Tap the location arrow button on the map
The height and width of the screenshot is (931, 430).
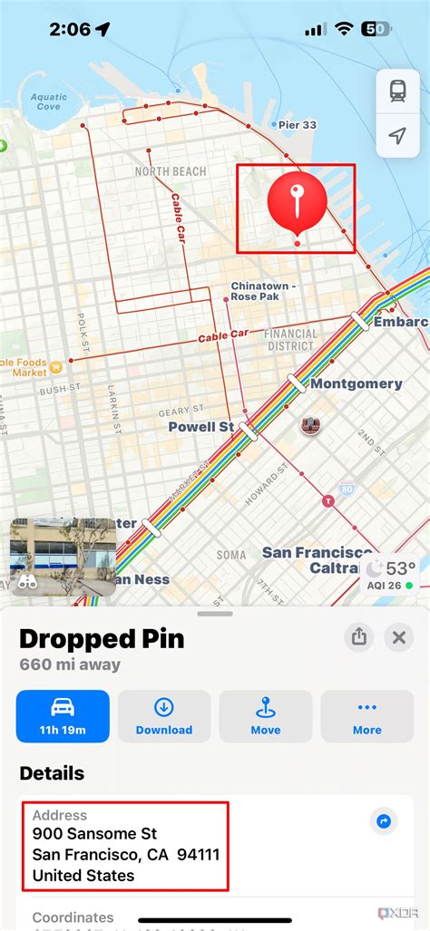point(397,135)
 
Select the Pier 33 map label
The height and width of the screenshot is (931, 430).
point(296,125)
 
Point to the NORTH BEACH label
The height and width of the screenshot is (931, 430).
point(171,171)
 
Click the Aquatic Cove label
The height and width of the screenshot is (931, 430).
point(48,102)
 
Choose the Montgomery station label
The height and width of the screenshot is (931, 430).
point(356,383)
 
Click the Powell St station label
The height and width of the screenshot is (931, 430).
point(201,426)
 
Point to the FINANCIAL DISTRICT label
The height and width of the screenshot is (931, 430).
point(291,340)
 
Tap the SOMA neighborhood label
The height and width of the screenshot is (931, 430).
point(231,555)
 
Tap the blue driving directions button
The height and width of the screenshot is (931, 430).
point(63,715)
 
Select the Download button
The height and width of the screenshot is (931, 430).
point(164,715)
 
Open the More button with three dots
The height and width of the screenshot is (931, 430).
point(367,715)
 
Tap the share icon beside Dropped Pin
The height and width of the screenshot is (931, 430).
point(359,637)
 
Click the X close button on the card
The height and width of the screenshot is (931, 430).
point(397,637)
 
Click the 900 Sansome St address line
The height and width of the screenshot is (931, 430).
point(94,833)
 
